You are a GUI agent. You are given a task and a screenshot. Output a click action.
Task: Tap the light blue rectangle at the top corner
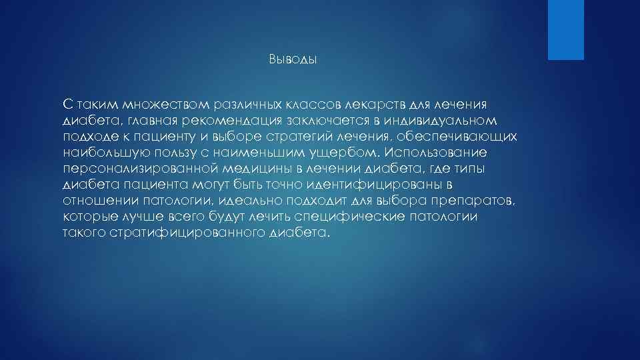tap(565, 30)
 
